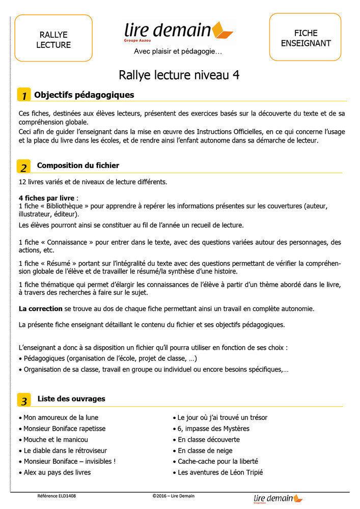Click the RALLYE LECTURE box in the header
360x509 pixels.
coord(53,38)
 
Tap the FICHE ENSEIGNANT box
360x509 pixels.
coord(305,37)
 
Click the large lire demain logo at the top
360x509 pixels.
coord(178,31)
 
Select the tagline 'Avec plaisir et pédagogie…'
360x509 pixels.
coord(178,51)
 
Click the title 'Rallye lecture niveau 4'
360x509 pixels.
coord(179,75)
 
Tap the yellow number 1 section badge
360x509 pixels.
coord(23,95)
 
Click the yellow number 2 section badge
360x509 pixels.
coord(23,166)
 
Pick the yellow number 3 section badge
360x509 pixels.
coord(23,400)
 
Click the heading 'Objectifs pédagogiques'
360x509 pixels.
coord(84,95)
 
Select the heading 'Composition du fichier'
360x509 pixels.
coord(78,165)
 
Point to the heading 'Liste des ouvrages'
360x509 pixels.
coord(71,399)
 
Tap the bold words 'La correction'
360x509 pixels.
coord(41,308)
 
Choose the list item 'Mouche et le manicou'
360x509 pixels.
coord(56,439)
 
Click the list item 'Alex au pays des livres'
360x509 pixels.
coord(57,472)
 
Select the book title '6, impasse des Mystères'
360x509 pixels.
coord(213,429)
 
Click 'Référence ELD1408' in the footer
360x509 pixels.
coord(57,496)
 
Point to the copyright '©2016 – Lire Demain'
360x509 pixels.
coord(173,496)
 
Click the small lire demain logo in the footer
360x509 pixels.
coord(278,499)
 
